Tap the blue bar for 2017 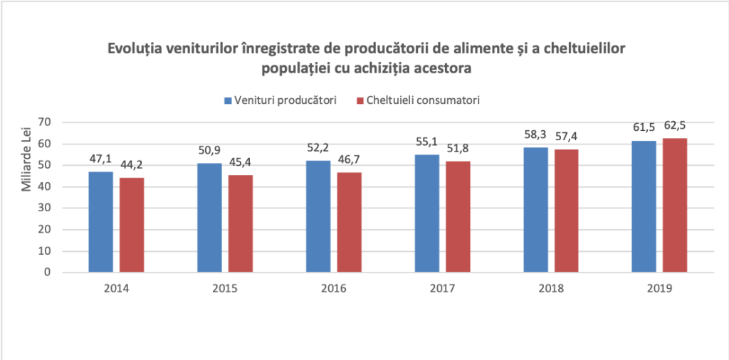427,213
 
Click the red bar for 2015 240,223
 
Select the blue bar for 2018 535,210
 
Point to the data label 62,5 675,126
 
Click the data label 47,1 100,159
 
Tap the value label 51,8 458,149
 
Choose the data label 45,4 240,163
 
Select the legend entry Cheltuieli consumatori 417,100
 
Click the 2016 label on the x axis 333,289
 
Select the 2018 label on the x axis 551,289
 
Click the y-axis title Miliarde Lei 27,164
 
